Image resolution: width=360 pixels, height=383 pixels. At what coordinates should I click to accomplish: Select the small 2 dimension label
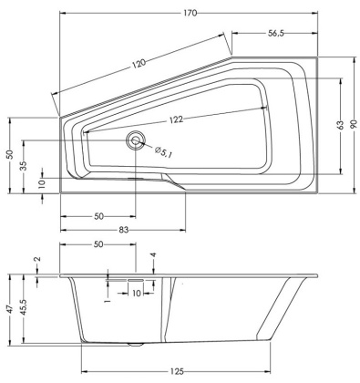point(37,260)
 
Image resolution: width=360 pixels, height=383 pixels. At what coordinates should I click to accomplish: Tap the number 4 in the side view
point(153,256)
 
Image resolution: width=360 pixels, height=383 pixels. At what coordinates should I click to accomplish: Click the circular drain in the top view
point(137,140)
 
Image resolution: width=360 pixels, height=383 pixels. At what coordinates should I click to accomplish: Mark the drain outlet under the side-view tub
point(137,345)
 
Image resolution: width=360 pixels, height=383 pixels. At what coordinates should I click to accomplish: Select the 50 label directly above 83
point(98,216)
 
